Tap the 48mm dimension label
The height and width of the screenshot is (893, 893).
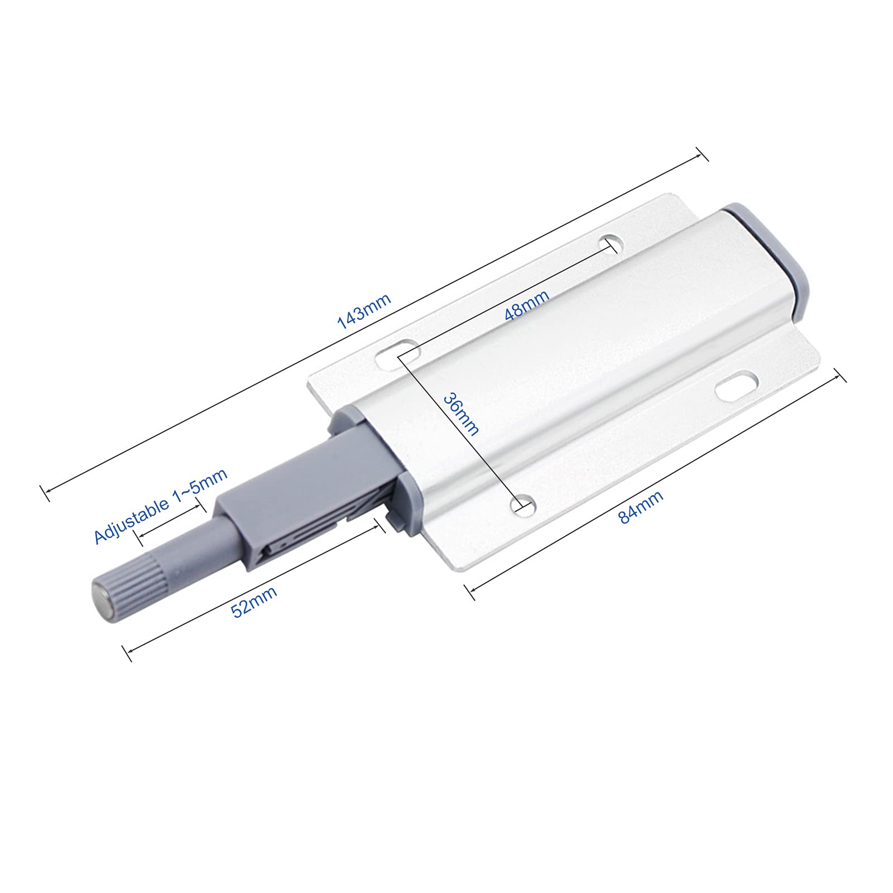526,305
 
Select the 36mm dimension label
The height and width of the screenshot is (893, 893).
460,414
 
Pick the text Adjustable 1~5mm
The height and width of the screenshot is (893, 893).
161,506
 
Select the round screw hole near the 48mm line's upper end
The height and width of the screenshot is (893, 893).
612,244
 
